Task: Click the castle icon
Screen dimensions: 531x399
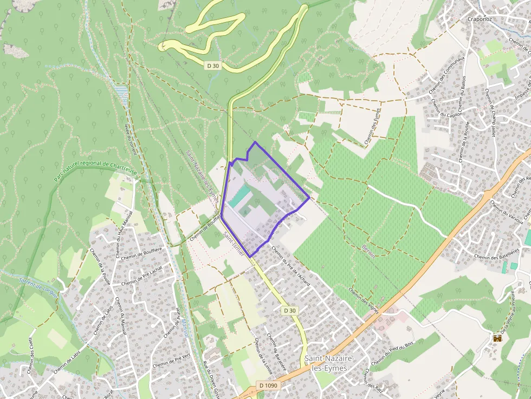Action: [x=497, y=338]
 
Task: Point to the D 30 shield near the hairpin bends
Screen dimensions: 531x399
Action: [x=212, y=65]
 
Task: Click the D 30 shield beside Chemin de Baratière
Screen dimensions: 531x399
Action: [x=290, y=311]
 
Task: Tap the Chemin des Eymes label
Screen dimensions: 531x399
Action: [x=372, y=126]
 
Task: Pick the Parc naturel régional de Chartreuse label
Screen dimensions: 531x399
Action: [x=95, y=170]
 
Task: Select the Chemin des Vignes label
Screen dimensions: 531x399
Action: [x=363, y=300]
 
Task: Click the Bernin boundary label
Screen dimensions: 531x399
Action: [x=367, y=251]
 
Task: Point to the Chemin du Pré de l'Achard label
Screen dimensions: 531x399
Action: [x=290, y=266]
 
